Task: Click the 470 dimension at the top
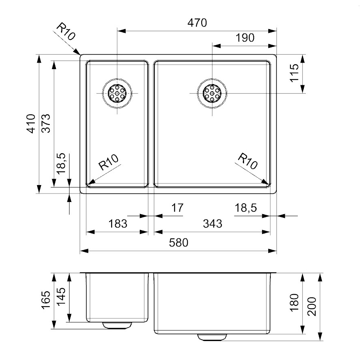[x=197, y=23]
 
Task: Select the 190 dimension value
[x=245, y=38]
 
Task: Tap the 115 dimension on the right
[x=295, y=73]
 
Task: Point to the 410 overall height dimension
[x=31, y=124]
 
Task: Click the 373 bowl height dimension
[x=46, y=123]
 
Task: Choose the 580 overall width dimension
[x=179, y=242]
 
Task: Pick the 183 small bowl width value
[x=118, y=223]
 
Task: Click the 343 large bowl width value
[x=213, y=223]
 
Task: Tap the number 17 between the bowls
[x=177, y=208]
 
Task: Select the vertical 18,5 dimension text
[x=61, y=164]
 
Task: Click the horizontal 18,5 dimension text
[x=246, y=208]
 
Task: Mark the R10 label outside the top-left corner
[x=66, y=32]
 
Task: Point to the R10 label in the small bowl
[x=108, y=162]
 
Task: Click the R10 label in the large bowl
[x=248, y=161]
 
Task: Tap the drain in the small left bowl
[x=117, y=93]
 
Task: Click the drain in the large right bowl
[x=212, y=93]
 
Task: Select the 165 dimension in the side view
[x=46, y=300]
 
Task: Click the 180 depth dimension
[x=295, y=302]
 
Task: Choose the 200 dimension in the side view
[x=312, y=307]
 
